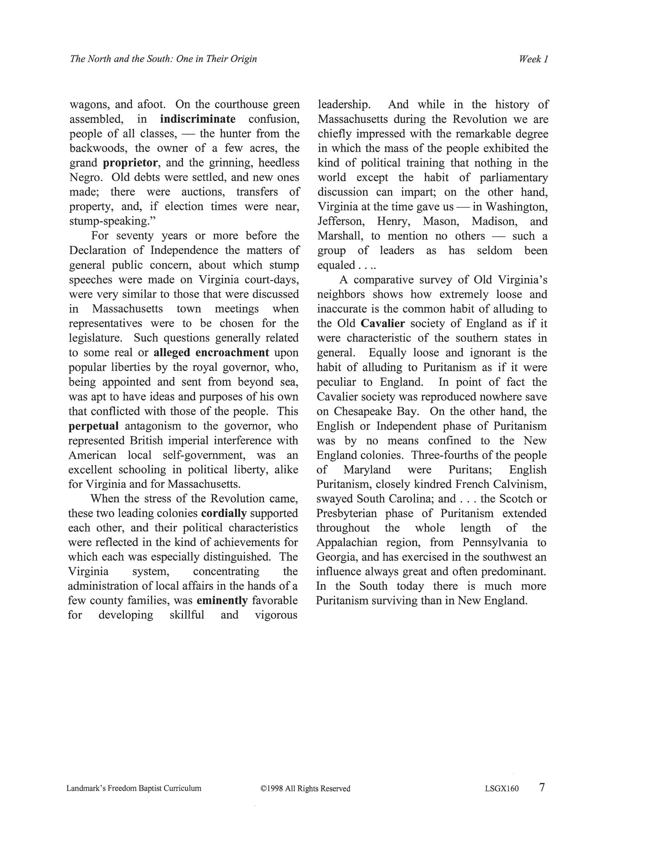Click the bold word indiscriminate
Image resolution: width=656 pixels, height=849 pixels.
coord(198,119)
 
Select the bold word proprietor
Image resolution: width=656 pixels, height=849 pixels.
coord(130,163)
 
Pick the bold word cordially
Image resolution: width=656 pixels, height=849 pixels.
coord(224,513)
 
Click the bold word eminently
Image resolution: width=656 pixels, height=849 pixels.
coord(222,601)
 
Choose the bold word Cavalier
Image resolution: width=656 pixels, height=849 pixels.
coord(383,323)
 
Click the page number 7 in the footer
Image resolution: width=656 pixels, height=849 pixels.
coord(542,788)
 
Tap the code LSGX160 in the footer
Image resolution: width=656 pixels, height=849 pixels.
coord(502,789)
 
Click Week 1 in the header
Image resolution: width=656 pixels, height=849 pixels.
coord(533,59)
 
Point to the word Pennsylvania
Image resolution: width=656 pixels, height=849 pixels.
coord(495,542)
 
